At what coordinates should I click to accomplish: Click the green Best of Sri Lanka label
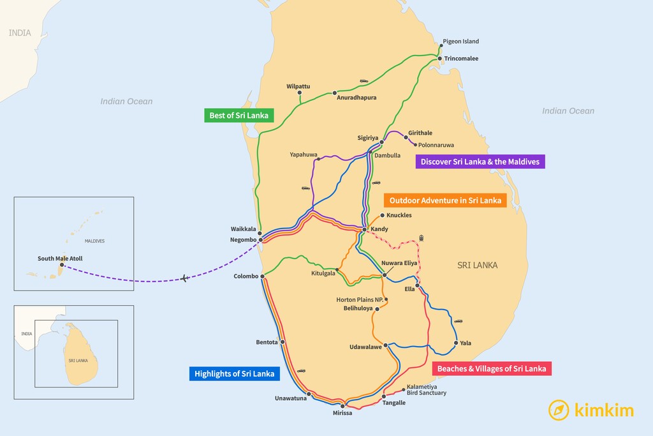point(239,116)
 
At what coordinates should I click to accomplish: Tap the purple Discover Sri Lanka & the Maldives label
point(480,162)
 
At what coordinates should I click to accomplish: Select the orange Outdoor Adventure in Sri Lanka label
point(445,200)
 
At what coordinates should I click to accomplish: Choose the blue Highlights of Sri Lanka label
point(235,373)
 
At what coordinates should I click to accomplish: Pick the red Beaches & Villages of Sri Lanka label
point(491,368)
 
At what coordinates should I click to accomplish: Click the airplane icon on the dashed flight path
point(184,278)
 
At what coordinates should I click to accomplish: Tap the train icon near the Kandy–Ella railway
point(422,238)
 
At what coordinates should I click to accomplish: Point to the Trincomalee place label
point(461,59)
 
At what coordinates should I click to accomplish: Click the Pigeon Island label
point(460,41)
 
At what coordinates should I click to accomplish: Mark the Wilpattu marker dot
point(300,93)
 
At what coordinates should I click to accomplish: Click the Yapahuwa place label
point(304,154)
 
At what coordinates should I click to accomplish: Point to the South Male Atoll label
point(60,259)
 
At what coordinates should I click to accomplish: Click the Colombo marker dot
point(263,276)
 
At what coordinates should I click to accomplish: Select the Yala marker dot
point(455,343)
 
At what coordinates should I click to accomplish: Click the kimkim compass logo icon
point(559,410)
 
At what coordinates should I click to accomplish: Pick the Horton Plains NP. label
point(359,299)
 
